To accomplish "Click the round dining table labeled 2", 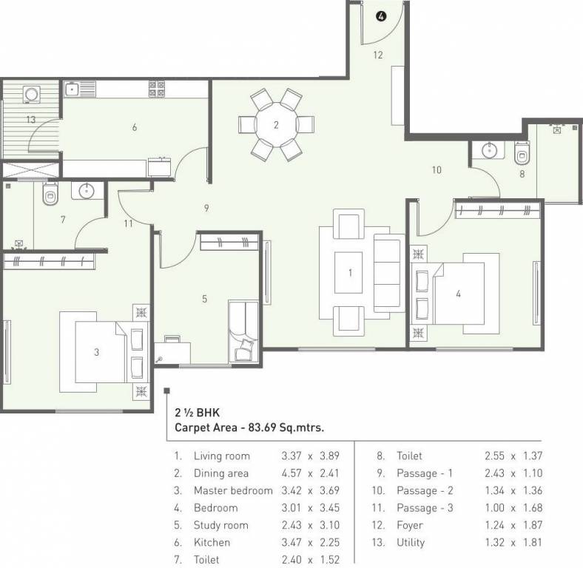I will pyautogui.click(x=276, y=124).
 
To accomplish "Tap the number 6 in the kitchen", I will pyautogui.click(x=134, y=127).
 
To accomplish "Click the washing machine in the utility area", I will pyautogui.click(x=32, y=95).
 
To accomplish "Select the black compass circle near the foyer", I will pyautogui.click(x=381, y=16).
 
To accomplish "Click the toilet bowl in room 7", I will pyautogui.click(x=50, y=196).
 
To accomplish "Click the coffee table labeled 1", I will pyautogui.click(x=350, y=273).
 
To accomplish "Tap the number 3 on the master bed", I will pyautogui.click(x=96, y=352).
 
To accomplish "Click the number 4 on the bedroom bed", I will pyautogui.click(x=458, y=294).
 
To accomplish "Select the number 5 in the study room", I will pyautogui.click(x=205, y=299).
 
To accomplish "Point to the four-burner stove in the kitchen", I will pyautogui.click(x=156, y=89).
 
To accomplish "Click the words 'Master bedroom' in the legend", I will pyautogui.click(x=232, y=490).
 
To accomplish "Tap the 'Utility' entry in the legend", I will pyautogui.click(x=410, y=542).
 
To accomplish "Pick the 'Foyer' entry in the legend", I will pyautogui.click(x=409, y=525).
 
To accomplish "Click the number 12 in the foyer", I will pyautogui.click(x=377, y=54).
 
